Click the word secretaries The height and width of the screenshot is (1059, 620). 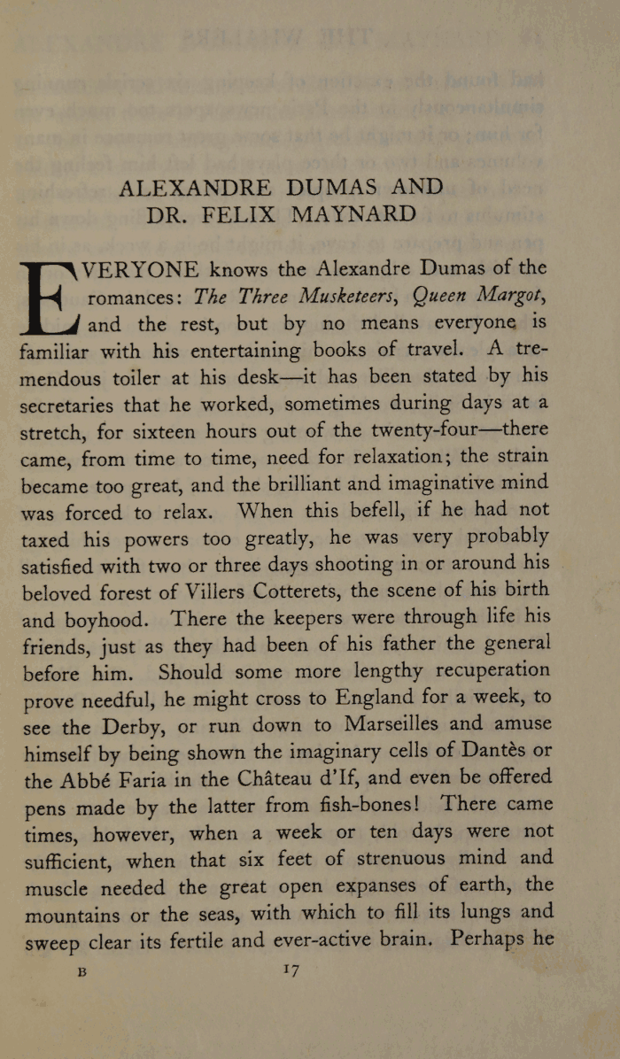click(76, 406)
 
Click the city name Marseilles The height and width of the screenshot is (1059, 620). click(411, 724)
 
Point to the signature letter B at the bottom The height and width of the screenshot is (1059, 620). click(82, 972)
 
